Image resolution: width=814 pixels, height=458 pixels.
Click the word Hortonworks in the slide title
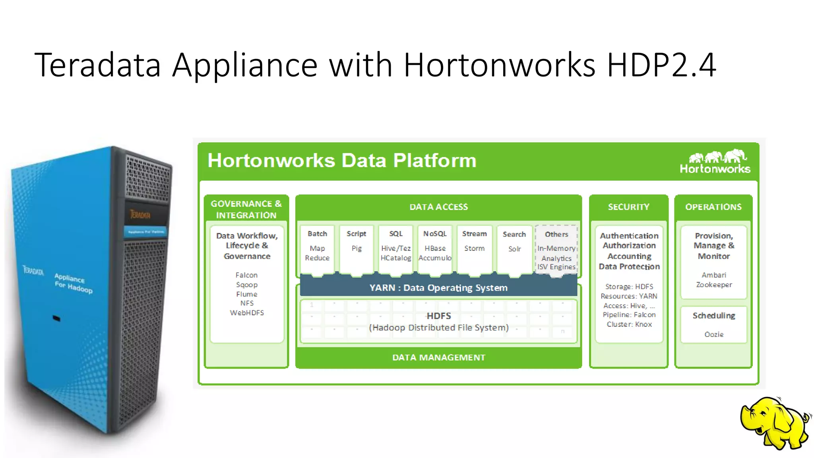coord(499,65)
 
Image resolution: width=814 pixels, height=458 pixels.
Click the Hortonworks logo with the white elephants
coord(715,162)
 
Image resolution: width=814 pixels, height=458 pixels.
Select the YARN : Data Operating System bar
coord(438,288)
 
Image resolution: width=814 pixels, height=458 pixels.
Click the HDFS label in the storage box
coord(438,316)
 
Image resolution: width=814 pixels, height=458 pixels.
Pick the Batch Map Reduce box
coord(317,248)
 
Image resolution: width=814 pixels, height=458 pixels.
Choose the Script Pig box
coord(357,248)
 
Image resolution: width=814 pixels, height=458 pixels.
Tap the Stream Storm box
coord(474,248)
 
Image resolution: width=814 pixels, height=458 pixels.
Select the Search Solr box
coord(514,248)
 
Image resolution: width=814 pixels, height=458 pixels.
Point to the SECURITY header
coord(628,207)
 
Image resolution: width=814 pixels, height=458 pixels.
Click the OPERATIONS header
coord(713,207)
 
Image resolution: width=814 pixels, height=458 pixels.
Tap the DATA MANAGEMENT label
coord(438,357)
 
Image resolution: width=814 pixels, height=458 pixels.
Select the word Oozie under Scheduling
coord(714,335)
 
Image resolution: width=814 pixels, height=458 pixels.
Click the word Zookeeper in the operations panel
coord(714,285)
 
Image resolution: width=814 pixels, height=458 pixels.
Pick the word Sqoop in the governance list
coord(247,285)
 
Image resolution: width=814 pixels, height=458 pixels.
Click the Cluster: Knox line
coord(629,324)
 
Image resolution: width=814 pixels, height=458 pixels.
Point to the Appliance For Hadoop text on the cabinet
coord(73,283)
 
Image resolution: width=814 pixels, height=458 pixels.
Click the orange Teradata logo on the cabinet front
coord(140,215)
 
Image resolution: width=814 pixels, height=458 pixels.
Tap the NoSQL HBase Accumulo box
coord(435,248)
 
